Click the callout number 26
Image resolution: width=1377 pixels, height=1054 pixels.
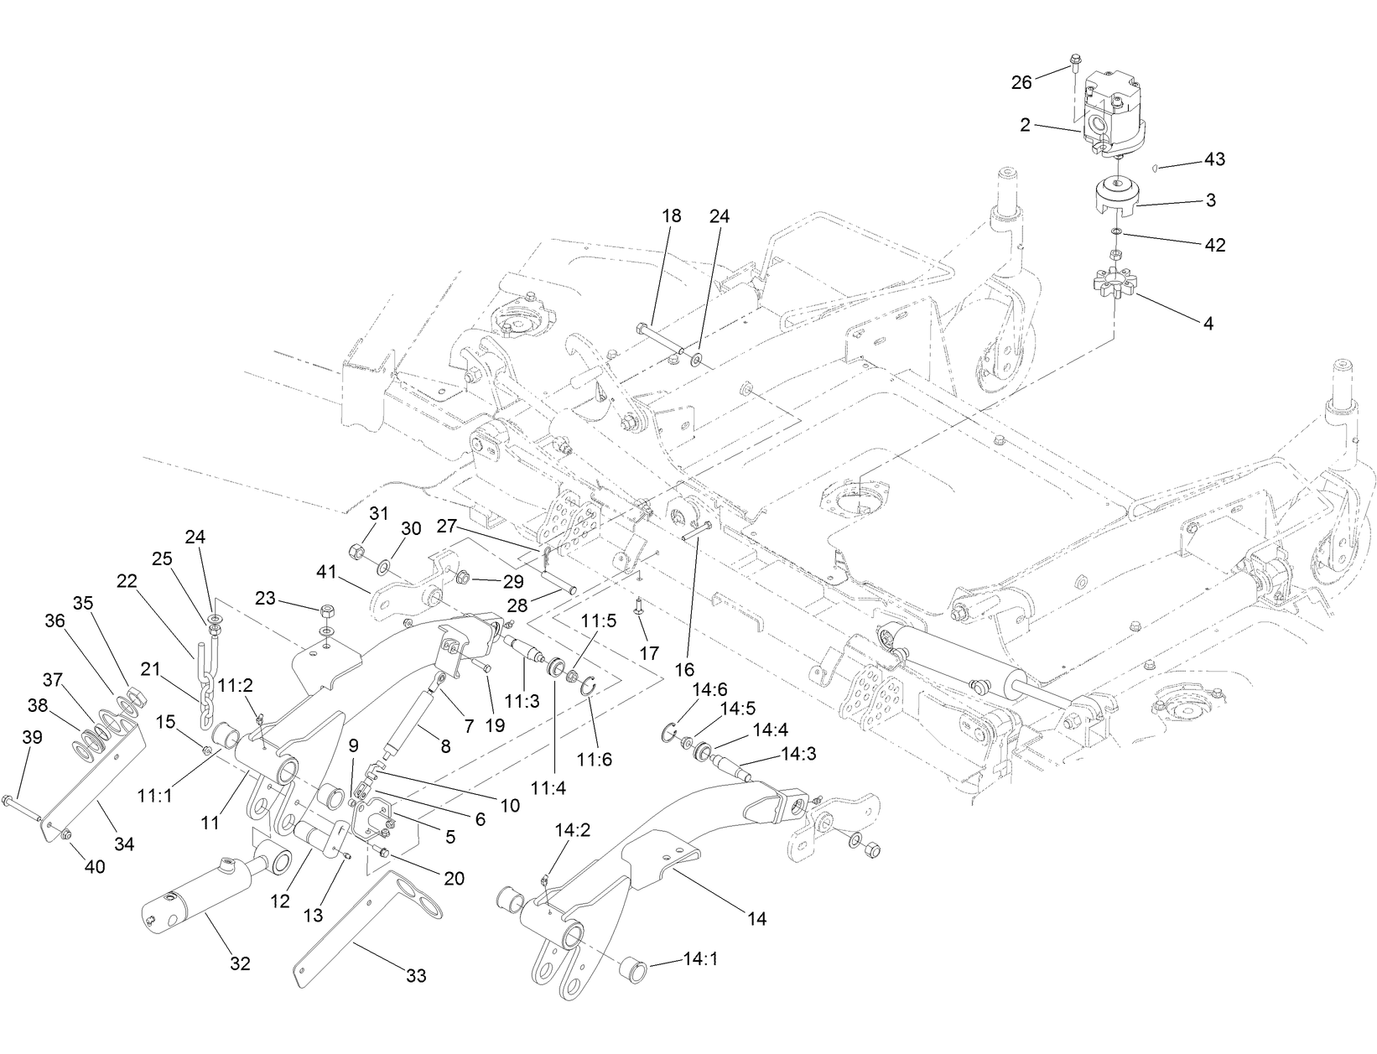tap(1021, 82)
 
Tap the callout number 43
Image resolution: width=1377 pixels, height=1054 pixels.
tap(1214, 159)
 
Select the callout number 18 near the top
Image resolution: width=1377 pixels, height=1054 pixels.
tap(671, 215)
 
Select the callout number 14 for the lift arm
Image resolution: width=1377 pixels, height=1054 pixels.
tap(756, 919)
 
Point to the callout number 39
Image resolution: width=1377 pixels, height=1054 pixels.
tap(32, 737)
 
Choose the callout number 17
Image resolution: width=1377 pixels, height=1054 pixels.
tap(648, 653)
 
